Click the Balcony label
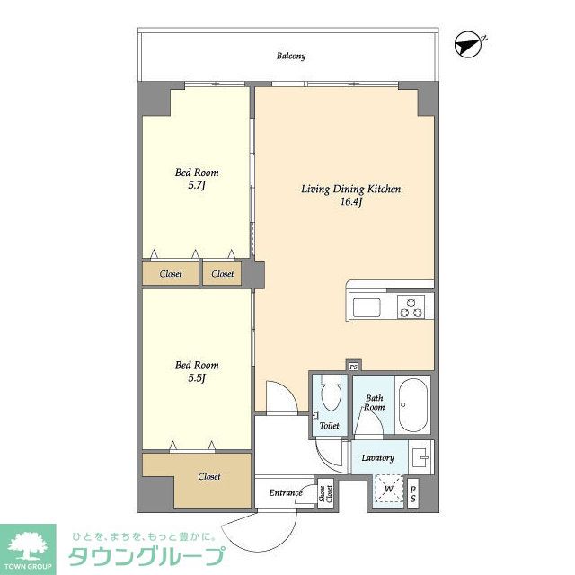tap(290, 56)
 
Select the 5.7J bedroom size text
tap(197, 185)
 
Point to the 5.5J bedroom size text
tap(197, 378)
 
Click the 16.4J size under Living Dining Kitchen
tap(349, 202)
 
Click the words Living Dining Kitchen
tap(349, 190)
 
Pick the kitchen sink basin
tap(367, 307)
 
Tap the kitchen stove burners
tap(413, 307)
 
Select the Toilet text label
tap(330, 425)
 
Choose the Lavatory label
tap(377, 458)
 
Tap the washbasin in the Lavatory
tap(421, 456)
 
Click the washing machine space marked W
tap(387, 491)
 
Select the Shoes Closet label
tap(325, 493)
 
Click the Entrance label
tap(286, 493)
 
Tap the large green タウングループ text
tap(147, 557)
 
